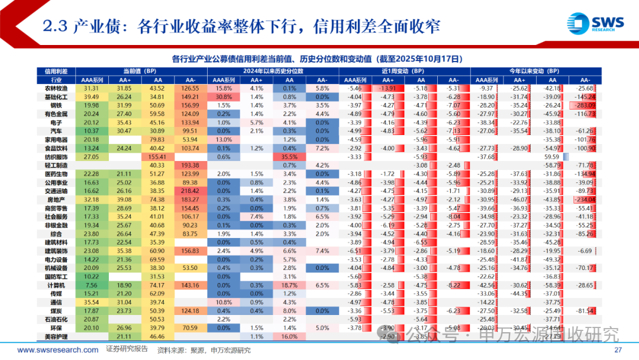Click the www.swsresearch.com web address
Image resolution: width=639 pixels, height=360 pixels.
coord(58,350)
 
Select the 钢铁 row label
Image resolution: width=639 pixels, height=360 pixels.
coord(56,105)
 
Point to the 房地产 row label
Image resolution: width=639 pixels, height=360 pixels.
coord(56,200)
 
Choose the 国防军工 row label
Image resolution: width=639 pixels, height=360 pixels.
coord(56,277)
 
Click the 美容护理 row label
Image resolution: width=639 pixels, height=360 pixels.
coord(56,336)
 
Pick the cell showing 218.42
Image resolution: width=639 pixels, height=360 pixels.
coord(190,191)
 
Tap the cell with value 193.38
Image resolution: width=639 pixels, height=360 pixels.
coord(190,165)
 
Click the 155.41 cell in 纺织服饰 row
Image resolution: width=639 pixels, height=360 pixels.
coord(157,156)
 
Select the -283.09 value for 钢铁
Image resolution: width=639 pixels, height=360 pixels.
coord(583,105)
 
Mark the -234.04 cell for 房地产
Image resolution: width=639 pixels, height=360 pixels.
coord(583,200)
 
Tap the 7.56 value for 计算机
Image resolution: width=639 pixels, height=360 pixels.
coord(91,285)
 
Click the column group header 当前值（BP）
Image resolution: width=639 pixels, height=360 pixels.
coord(140,70)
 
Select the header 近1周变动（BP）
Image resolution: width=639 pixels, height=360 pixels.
coord(404,70)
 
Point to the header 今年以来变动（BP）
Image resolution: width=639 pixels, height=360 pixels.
coord(535,70)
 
